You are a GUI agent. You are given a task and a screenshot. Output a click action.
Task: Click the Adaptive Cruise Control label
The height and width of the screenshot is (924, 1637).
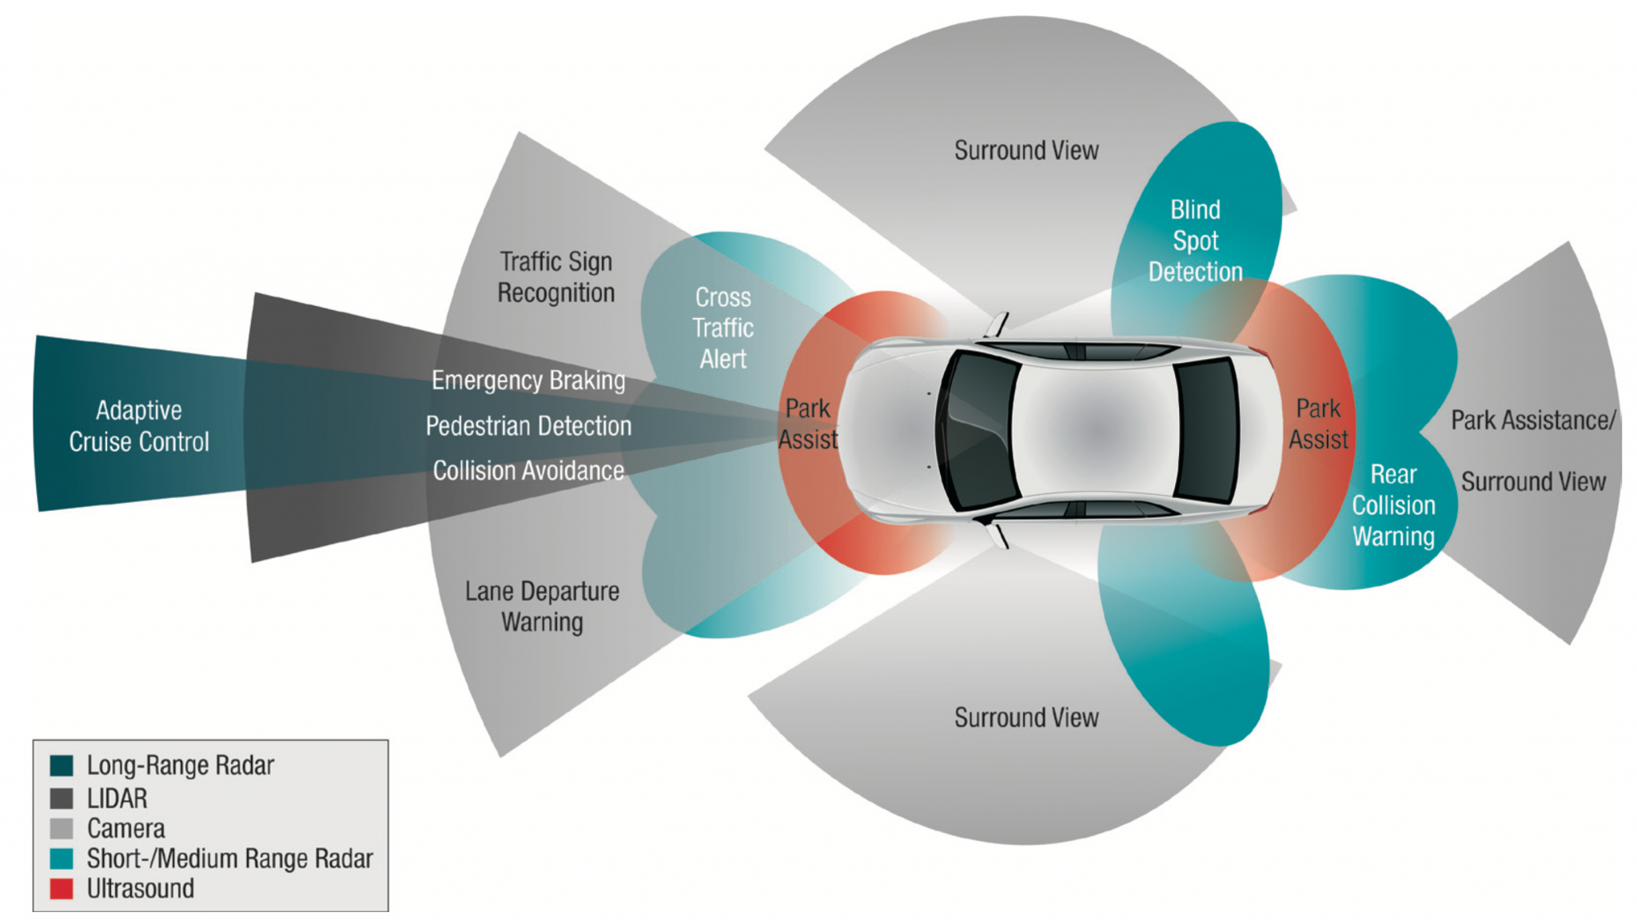[x=138, y=426]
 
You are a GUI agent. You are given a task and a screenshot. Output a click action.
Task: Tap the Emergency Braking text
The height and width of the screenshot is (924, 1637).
[x=528, y=380]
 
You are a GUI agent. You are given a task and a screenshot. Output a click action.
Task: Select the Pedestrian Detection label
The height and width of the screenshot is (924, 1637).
[x=528, y=426]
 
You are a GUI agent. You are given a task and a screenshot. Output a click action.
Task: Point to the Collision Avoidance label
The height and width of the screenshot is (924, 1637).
[x=528, y=471]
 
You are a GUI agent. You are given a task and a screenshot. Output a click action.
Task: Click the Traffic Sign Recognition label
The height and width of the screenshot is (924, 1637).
[x=556, y=277]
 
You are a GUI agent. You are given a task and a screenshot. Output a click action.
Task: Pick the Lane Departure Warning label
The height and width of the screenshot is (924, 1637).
[x=542, y=607]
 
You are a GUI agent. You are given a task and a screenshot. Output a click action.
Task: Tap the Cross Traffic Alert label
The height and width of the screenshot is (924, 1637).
[x=723, y=329]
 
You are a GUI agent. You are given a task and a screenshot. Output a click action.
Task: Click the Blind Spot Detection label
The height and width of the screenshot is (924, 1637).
[x=1195, y=241]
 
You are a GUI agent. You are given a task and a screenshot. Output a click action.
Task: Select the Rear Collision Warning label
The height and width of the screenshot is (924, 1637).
[x=1393, y=506]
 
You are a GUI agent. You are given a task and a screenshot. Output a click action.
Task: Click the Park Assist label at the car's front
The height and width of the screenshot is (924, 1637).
[x=808, y=424]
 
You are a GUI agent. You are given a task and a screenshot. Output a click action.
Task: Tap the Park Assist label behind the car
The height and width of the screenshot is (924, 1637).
[x=1318, y=424]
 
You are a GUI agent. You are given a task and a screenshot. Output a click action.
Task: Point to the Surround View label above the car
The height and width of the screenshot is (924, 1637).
[x=1026, y=150]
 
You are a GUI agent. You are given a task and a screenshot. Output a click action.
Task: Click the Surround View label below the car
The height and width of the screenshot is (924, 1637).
[x=1026, y=718]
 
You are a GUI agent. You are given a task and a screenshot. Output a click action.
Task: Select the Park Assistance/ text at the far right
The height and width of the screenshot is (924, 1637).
[x=1533, y=420]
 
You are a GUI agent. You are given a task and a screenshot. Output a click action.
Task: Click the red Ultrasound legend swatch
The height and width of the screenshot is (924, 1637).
[x=62, y=889]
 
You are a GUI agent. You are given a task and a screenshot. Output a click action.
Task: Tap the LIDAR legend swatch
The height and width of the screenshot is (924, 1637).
[x=62, y=799]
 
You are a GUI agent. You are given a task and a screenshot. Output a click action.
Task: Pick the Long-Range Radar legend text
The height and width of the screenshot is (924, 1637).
[x=181, y=766]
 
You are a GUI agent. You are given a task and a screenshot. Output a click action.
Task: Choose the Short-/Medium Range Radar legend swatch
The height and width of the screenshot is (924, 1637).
[x=62, y=859]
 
